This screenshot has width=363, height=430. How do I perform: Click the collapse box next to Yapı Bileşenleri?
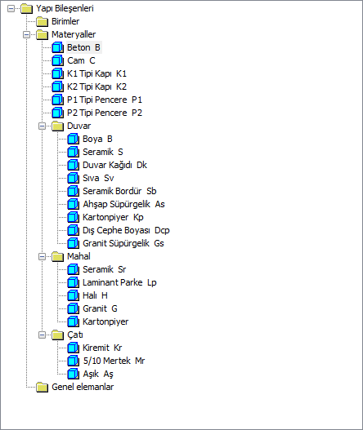click(x=11, y=8)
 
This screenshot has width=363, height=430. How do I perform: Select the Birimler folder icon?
click(x=42, y=21)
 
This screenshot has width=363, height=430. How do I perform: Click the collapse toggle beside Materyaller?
click(x=27, y=34)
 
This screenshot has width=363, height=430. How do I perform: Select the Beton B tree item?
click(x=84, y=47)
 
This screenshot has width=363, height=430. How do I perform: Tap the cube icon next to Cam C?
click(x=58, y=60)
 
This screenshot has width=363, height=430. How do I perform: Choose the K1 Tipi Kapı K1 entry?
click(x=96, y=73)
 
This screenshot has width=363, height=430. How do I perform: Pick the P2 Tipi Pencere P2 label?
click(x=105, y=113)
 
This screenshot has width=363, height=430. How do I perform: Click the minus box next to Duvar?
click(x=42, y=126)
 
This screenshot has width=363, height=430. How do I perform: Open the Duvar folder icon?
click(x=58, y=126)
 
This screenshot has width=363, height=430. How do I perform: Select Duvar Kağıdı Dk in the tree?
click(x=114, y=165)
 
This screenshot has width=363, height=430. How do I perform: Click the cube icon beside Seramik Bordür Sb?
click(x=74, y=191)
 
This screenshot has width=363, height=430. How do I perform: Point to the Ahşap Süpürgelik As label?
click(x=123, y=204)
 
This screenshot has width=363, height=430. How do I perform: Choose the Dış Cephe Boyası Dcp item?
click(x=126, y=230)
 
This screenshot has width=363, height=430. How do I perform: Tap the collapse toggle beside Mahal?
click(x=42, y=256)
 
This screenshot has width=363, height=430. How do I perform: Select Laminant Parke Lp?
click(x=119, y=282)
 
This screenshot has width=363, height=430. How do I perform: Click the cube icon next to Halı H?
click(x=74, y=295)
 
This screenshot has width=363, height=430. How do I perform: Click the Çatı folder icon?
click(x=58, y=335)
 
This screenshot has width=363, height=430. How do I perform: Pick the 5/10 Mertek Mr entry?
click(x=114, y=361)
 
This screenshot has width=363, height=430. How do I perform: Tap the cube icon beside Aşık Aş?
click(x=74, y=374)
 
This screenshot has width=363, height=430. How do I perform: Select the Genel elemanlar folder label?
click(x=83, y=387)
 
